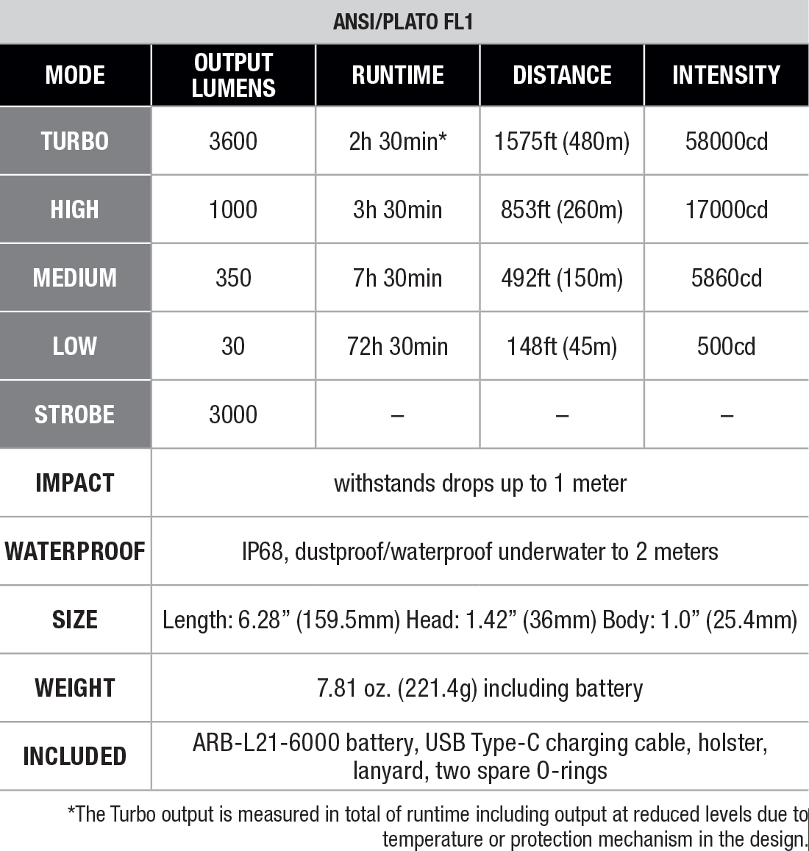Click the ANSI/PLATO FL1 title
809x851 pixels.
(x=403, y=21)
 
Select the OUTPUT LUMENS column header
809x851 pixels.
(x=233, y=75)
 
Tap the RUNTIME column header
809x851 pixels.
(x=397, y=75)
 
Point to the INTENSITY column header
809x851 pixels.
(x=726, y=75)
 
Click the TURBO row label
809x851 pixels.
(x=75, y=141)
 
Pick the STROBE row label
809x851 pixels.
(x=75, y=414)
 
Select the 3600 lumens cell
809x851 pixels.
(x=233, y=141)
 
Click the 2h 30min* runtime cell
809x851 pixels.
(x=397, y=141)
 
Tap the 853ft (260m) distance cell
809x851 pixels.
(x=562, y=209)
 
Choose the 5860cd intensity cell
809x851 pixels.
(x=726, y=278)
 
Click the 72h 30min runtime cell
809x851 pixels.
(x=397, y=346)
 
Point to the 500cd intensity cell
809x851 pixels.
(x=726, y=346)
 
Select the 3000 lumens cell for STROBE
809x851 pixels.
(x=233, y=414)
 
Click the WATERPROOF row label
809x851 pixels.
(x=75, y=551)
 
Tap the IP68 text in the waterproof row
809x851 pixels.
(x=263, y=551)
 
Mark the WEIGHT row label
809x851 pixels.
(x=75, y=688)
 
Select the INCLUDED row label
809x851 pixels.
(x=75, y=756)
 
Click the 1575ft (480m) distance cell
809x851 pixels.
(x=562, y=141)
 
